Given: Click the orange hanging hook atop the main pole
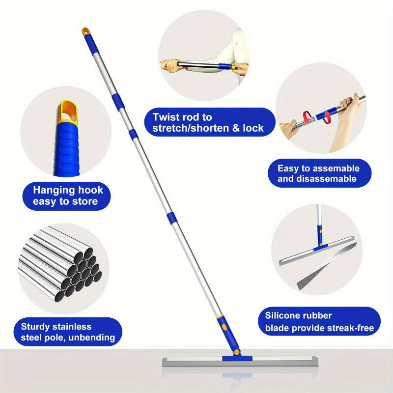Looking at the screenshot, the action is click(x=85, y=31).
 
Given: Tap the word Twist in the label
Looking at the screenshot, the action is click(x=165, y=117).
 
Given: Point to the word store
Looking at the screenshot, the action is click(x=84, y=201).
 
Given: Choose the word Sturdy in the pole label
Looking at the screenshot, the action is click(x=35, y=327).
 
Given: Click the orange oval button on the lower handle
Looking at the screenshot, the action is click(x=225, y=327).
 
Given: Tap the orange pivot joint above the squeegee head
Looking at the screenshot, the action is click(x=237, y=352).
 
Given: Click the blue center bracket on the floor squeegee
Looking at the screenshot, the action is click(x=237, y=359).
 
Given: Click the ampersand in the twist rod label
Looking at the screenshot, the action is click(x=236, y=128).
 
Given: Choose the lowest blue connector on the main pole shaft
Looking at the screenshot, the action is click(x=171, y=218).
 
